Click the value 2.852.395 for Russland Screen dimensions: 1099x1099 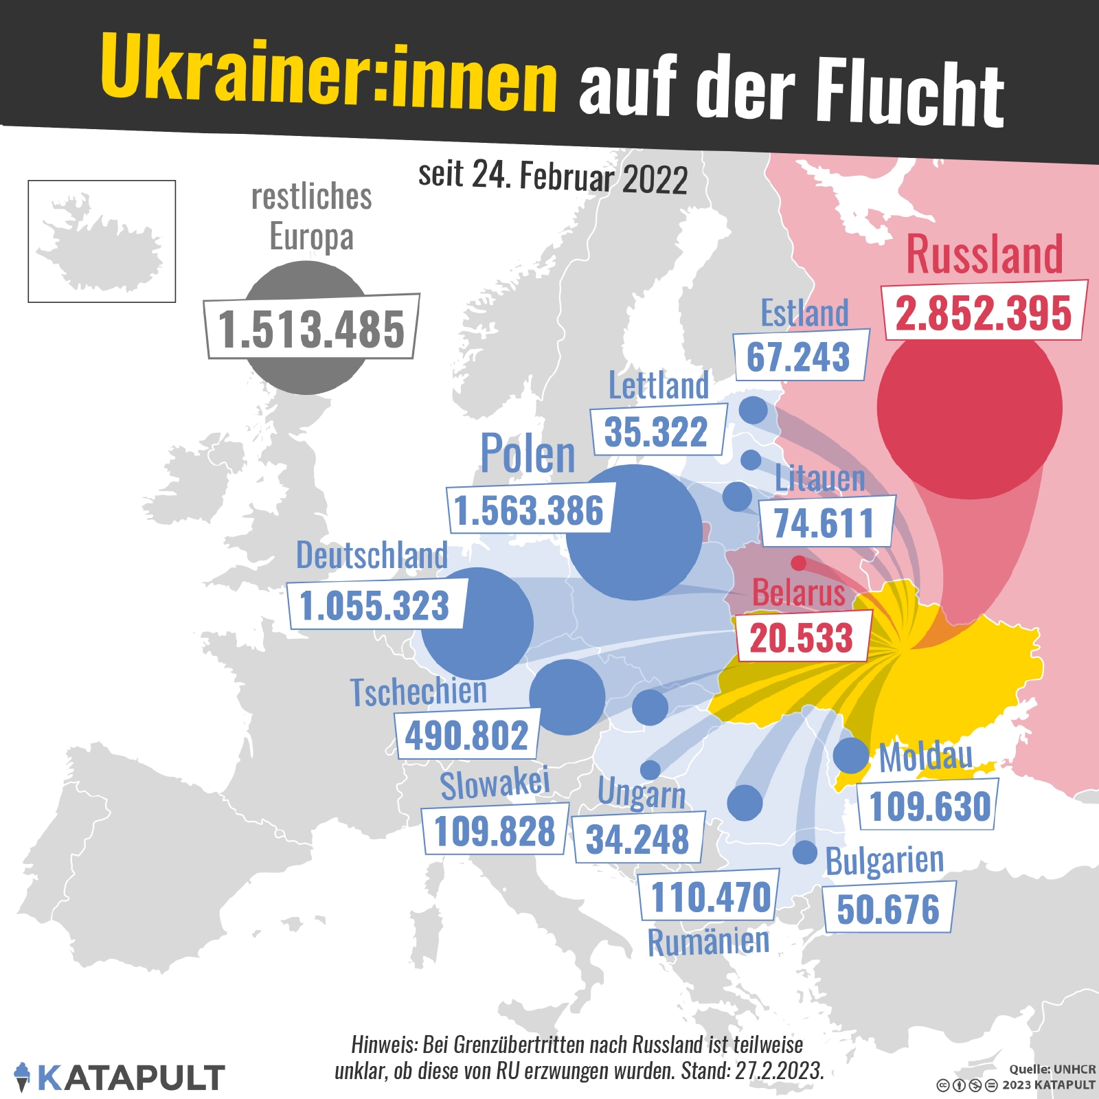pyautogui.click(x=984, y=313)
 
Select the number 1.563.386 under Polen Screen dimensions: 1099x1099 pyautogui.click(x=529, y=510)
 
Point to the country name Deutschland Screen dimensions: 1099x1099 pyautogui.click(x=372, y=555)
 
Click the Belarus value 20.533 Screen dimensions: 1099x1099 pyautogui.click(x=802, y=637)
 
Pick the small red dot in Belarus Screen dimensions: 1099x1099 pyautogui.click(x=798, y=563)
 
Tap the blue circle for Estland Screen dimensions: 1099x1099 pyautogui.click(x=753, y=410)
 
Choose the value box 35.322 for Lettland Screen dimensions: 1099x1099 pyautogui.click(x=657, y=431)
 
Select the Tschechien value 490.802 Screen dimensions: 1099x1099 pyautogui.click(x=467, y=736)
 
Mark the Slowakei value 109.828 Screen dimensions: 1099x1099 pyautogui.click(x=495, y=830)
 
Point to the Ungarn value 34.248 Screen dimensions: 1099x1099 pyautogui.click(x=637, y=839)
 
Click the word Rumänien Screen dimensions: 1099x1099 pyautogui.click(x=708, y=942)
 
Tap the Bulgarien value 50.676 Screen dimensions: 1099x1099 pyautogui.click(x=888, y=909)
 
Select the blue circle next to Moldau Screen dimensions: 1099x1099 pyautogui.click(x=851, y=755)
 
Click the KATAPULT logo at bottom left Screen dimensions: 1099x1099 pyautogui.click(x=120, y=1077)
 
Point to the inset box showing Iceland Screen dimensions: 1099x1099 pyautogui.click(x=102, y=241)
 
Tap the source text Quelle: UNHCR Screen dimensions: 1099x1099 pyautogui.click(x=1052, y=1069)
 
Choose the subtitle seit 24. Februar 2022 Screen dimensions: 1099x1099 pyautogui.click(x=553, y=177)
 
